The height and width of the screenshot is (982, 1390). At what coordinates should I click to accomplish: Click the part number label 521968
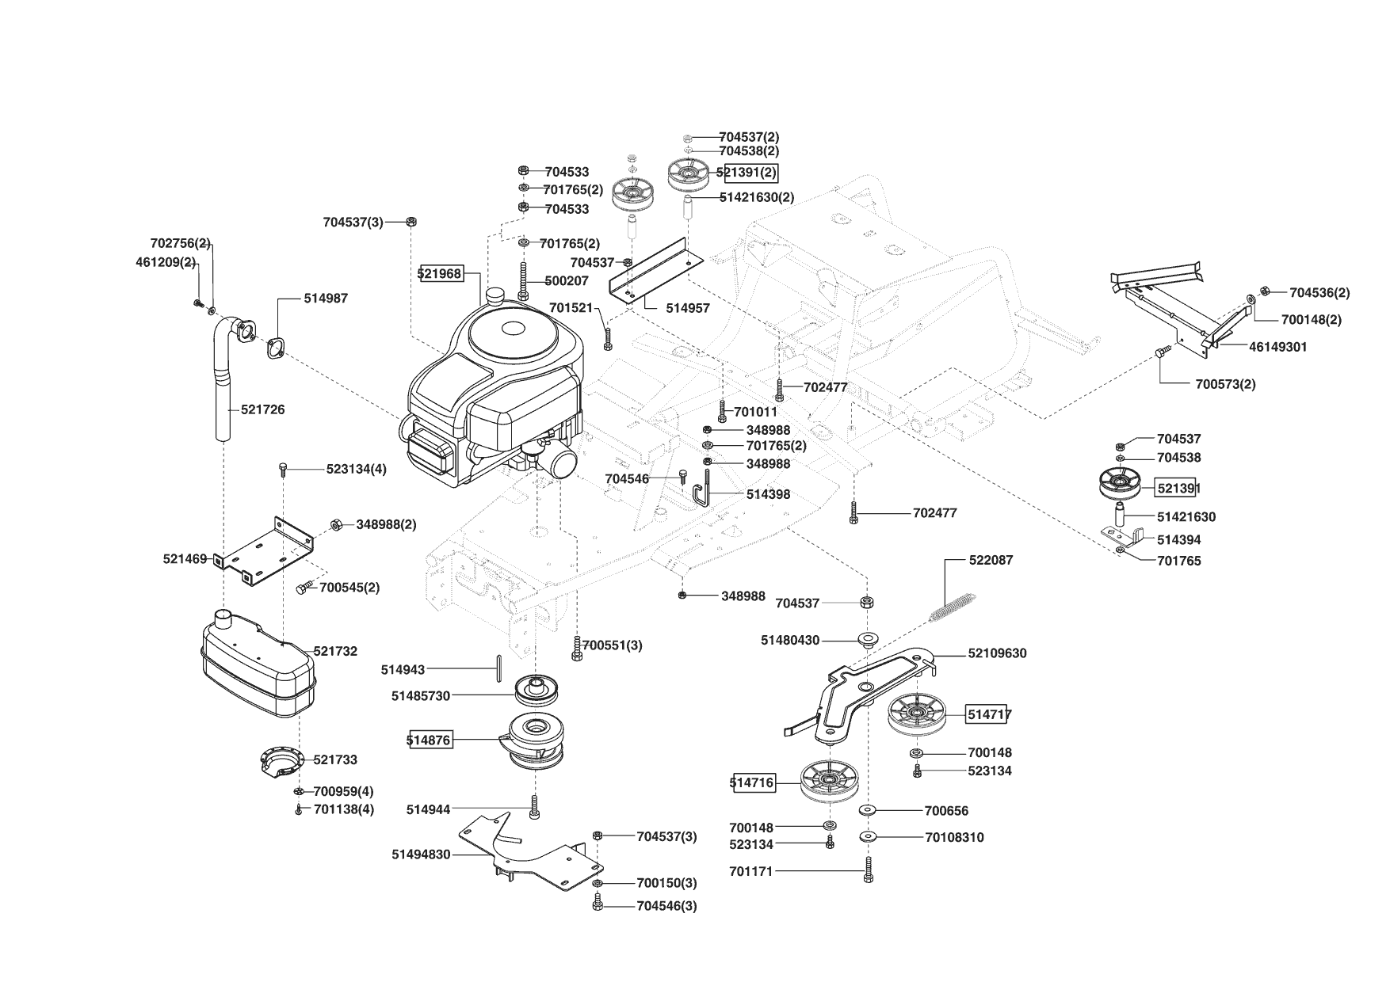(x=441, y=273)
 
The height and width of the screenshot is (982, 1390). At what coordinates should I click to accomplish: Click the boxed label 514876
(x=429, y=740)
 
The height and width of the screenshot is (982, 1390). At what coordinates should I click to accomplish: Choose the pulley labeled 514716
(x=829, y=782)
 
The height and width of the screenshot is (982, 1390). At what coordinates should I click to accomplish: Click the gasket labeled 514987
(x=277, y=348)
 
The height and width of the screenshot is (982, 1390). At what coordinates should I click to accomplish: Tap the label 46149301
(x=1277, y=347)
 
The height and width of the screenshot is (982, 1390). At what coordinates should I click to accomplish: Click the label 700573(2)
(x=1225, y=384)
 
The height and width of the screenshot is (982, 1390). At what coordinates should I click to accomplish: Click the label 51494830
(x=421, y=854)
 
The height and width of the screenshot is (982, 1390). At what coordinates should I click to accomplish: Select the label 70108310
(x=954, y=837)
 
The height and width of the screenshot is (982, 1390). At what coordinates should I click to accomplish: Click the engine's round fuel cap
(x=498, y=296)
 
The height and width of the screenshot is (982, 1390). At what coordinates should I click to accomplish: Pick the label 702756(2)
(x=180, y=243)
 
